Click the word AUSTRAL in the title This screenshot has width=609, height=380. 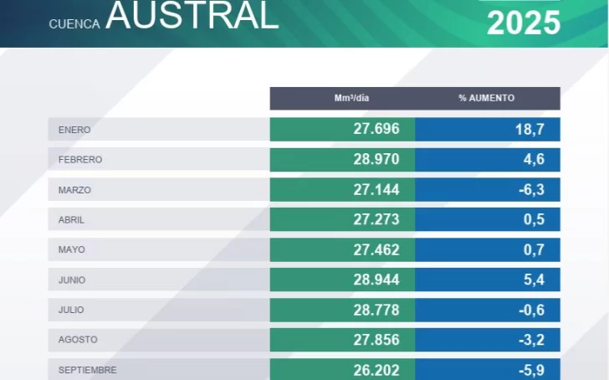point(192,15)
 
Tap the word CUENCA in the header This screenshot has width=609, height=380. point(74,24)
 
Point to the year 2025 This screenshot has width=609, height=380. point(524,23)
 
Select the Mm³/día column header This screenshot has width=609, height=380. point(351,98)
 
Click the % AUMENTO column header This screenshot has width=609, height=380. point(486,98)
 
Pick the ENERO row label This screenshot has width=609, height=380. point(74,130)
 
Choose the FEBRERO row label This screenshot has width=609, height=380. point(80,160)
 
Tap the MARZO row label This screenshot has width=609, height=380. point(74,190)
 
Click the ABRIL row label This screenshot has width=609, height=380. point(72,220)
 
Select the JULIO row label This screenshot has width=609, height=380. point(71,310)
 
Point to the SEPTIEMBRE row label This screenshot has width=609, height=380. point(87,370)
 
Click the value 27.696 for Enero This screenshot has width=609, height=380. point(376,130)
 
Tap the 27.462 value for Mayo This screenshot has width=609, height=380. point(376,249)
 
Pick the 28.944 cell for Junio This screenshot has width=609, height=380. point(376,280)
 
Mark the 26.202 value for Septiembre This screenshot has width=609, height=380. point(376,370)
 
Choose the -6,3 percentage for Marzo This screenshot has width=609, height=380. point(531,190)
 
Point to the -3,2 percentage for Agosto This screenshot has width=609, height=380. point(531,340)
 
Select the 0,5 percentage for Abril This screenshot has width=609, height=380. point(534,220)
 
